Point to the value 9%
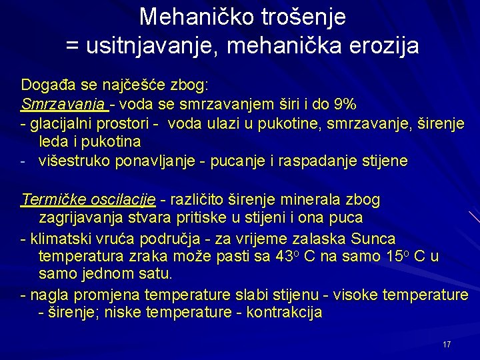click(345, 105)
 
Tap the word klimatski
click(57, 238)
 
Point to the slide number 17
click(447, 344)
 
